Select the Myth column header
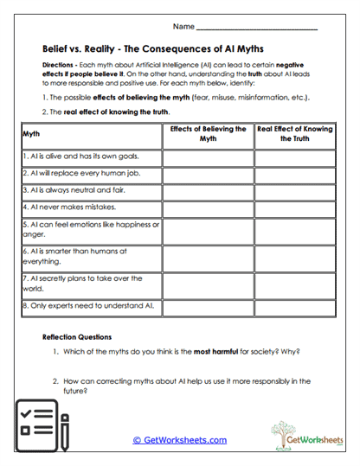[x=31, y=134]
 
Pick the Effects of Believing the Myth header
[x=208, y=133]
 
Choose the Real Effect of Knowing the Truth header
[x=295, y=133]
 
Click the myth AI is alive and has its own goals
[x=79, y=157]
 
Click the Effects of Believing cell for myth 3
[x=208, y=191]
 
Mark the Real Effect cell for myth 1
[x=295, y=157]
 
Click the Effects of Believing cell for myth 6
[x=208, y=257]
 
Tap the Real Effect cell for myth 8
[x=295, y=306]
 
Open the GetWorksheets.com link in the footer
[x=180, y=440]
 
